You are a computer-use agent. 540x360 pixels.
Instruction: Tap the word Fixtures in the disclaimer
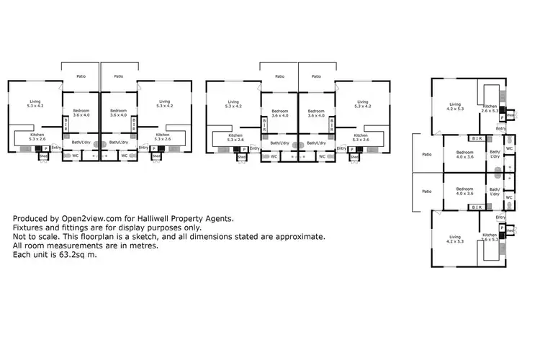(27, 228)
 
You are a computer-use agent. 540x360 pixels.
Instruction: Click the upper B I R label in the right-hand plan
(476, 138)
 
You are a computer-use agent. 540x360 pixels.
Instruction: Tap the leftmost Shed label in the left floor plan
(42, 156)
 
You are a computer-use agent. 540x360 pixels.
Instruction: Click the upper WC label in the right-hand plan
(509, 149)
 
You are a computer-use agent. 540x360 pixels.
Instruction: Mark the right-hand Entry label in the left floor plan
(143, 148)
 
